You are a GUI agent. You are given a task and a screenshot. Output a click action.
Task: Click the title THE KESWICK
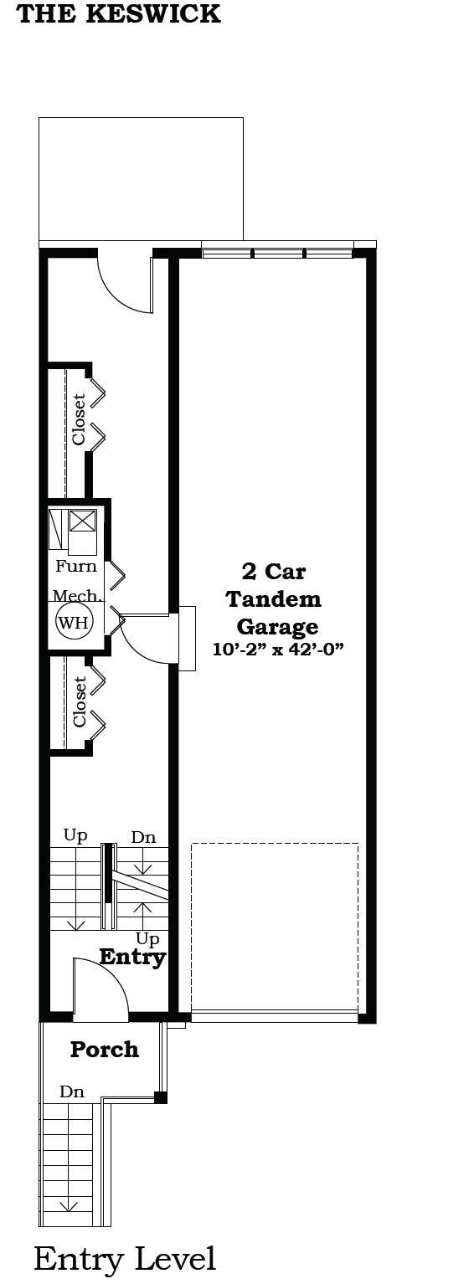tap(119, 14)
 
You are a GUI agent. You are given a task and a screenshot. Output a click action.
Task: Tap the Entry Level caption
tap(125, 1258)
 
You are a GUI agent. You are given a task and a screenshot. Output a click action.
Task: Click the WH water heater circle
tap(72, 622)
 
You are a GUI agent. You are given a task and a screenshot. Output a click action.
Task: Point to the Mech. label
tap(77, 596)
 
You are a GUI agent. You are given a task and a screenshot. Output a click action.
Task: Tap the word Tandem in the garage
tap(274, 599)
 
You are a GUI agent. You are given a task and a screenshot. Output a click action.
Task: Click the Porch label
tap(104, 1049)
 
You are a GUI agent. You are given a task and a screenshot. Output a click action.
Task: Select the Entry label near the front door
tap(132, 957)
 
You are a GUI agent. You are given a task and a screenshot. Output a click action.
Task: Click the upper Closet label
tap(79, 419)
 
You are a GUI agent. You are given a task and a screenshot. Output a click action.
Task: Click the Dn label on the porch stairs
tap(71, 1091)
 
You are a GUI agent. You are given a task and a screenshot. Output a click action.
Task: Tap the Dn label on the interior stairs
tap(142, 837)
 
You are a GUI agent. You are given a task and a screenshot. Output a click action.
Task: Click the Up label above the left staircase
tap(75, 835)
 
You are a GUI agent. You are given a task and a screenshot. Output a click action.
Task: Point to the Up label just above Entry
tap(147, 938)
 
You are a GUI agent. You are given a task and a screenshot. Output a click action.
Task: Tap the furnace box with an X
tap(82, 521)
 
